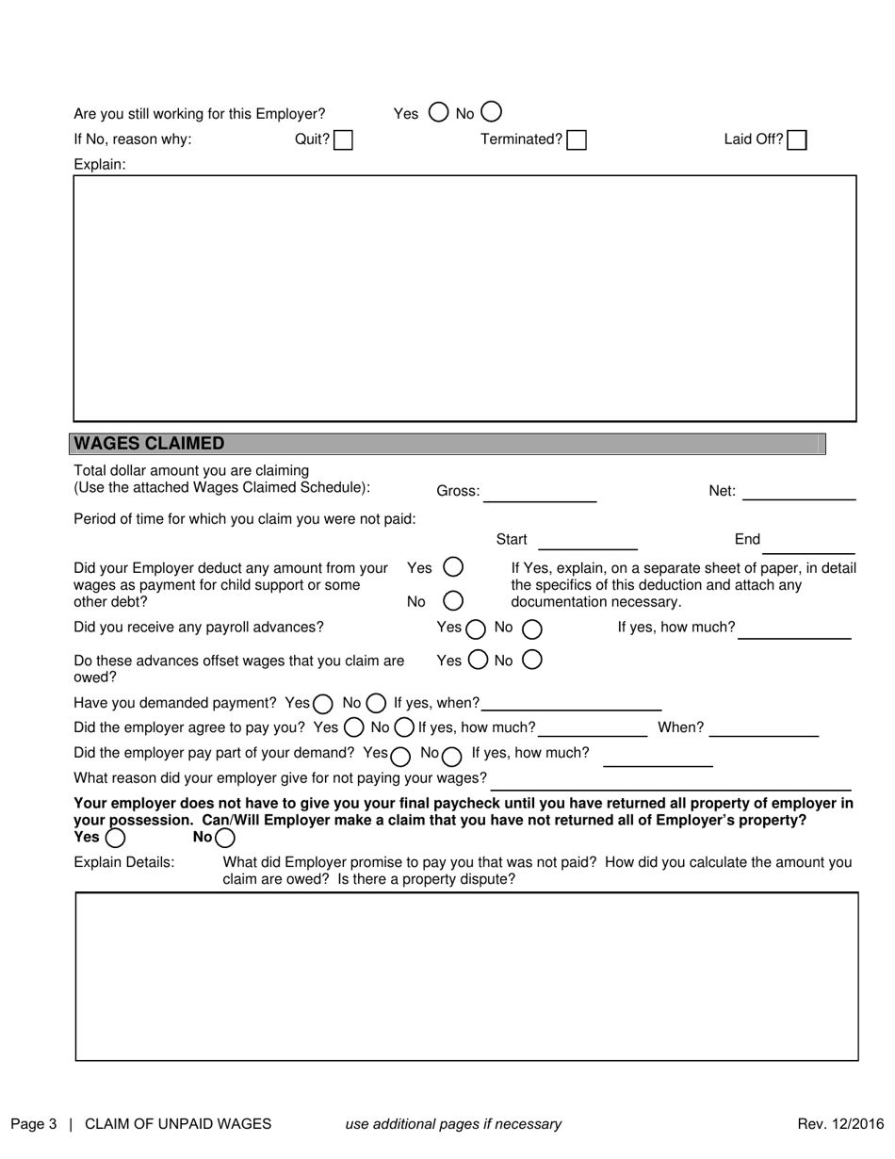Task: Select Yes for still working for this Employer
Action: pyautogui.click(x=438, y=112)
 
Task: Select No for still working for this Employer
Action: pyautogui.click(x=491, y=112)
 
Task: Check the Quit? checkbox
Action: pyautogui.click(x=344, y=140)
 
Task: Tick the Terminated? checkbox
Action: pyautogui.click(x=577, y=140)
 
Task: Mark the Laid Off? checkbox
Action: pyautogui.click(x=797, y=140)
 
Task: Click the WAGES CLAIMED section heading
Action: pyautogui.click(x=149, y=444)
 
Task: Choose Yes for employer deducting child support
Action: pyautogui.click(x=453, y=567)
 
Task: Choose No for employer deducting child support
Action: pyautogui.click(x=453, y=600)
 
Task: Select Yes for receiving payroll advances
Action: pyautogui.click(x=475, y=628)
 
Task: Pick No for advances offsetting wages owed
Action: pyautogui.click(x=531, y=661)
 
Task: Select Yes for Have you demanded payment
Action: pyautogui.click(x=323, y=703)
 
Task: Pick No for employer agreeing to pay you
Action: pyautogui.click(x=403, y=727)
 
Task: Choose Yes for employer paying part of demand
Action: pyautogui.click(x=400, y=755)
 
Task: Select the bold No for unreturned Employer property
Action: pyautogui.click(x=224, y=838)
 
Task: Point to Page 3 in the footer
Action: pyautogui.click(x=34, y=1123)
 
